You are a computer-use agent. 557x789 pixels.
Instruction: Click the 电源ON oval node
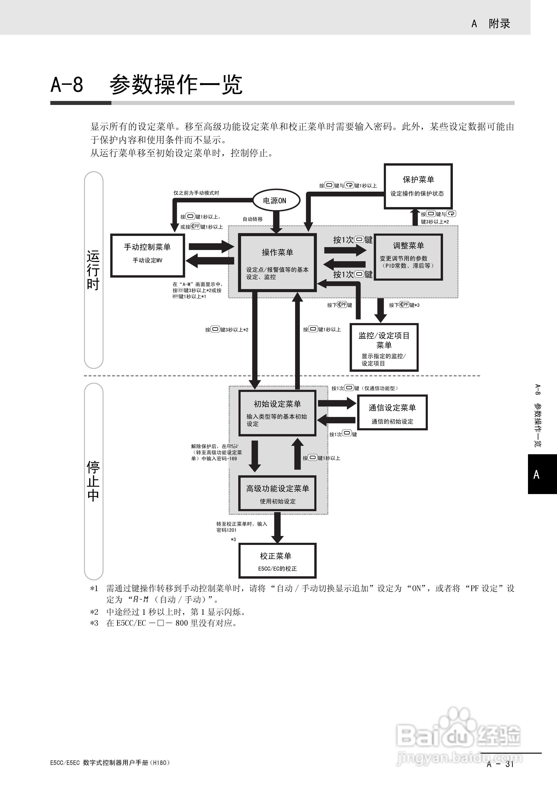[276, 200]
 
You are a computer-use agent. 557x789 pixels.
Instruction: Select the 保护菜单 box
[418, 186]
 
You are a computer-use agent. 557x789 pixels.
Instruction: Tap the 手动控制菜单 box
[147, 255]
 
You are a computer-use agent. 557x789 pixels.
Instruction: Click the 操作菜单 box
[277, 263]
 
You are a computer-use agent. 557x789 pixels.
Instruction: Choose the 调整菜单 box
[408, 257]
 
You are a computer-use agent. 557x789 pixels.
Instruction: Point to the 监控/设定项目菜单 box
[384, 347]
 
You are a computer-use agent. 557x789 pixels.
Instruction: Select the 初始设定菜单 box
[277, 413]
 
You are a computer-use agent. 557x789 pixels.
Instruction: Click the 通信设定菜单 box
[392, 412]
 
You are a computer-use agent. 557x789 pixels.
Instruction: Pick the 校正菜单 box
[277, 561]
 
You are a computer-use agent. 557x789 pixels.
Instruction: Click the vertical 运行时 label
[93, 270]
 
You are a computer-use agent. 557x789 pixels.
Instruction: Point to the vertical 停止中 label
[93, 481]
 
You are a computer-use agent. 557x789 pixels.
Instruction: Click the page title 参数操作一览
[176, 85]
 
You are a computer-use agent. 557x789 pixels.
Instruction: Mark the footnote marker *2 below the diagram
[94, 612]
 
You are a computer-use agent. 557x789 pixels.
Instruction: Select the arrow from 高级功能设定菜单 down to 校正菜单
[277, 528]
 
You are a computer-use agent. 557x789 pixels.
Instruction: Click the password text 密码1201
[227, 530]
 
